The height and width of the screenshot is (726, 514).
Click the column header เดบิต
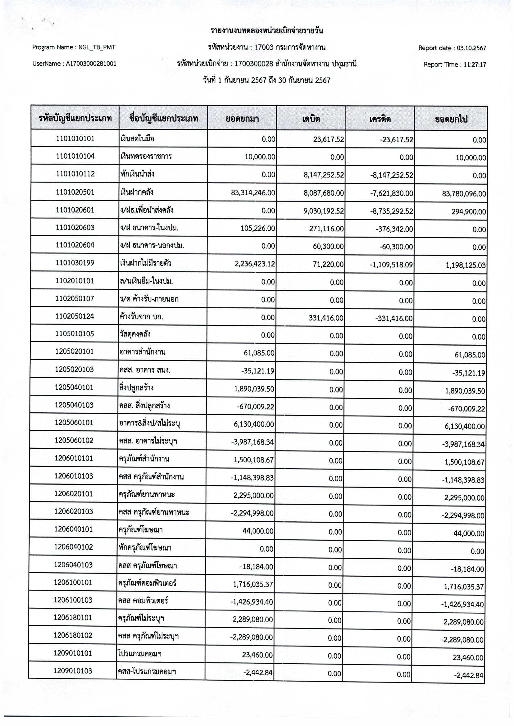pyautogui.click(x=311, y=119)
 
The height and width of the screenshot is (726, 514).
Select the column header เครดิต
pyautogui.click(x=380, y=119)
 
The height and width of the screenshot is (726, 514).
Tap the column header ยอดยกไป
pyautogui.click(x=451, y=119)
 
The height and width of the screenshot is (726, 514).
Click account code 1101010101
pyautogui.click(x=75, y=138)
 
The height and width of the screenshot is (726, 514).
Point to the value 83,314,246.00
pyautogui.click(x=253, y=193)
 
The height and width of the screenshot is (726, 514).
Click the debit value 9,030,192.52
pyautogui.click(x=324, y=211)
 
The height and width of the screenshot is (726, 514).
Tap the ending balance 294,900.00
pyautogui.click(x=469, y=211)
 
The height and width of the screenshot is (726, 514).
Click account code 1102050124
pyautogui.click(x=75, y=316)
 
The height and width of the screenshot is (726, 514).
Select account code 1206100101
pyautogui.click(x=73, y=583)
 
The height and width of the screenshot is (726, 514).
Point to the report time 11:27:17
pyautogui.click(x=475, y=65)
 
